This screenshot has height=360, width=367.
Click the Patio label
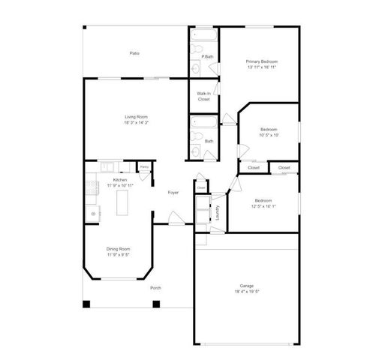[134, 53]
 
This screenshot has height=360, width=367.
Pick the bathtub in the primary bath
[203, 34]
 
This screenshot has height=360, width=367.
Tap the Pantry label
[144, 166]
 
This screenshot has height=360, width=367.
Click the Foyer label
[173, 193]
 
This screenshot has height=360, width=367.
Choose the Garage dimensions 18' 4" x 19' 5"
[247, 291]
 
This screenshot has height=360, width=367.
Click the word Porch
[155, 288]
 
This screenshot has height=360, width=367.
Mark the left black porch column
[86, 304]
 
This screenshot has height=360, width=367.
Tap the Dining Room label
[119, 249]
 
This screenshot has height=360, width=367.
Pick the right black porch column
[156, 304]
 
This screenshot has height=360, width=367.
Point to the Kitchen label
[119, 180]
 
